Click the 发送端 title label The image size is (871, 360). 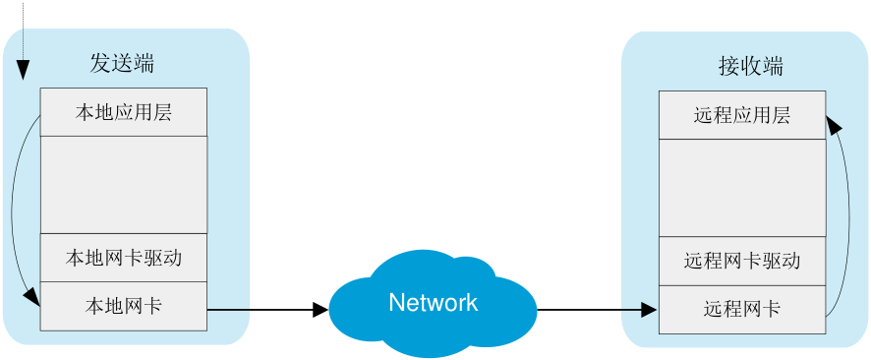point(122,64)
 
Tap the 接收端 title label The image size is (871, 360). point(750,67)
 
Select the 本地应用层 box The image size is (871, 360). point(124,112)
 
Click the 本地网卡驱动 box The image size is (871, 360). point(124,258)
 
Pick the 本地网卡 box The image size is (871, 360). point(124,306)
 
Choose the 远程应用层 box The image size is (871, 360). point(742,115)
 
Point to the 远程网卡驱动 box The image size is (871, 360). point(742,261)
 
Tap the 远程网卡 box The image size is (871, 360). point(742,310)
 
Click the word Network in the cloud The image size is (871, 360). point(434,302)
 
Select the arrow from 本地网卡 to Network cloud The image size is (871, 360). point(267,310)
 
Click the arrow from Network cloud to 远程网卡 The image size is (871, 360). point(598,310)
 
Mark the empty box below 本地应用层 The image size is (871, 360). point(124,185)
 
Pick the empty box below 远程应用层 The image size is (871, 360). point(742,188)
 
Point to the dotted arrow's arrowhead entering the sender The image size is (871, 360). point(23,70)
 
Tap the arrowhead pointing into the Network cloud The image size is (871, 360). point(321,310)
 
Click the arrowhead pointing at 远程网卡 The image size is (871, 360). point(650,310)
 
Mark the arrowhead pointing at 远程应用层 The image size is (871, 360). point(834,125)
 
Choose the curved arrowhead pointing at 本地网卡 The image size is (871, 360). point(32,297)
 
